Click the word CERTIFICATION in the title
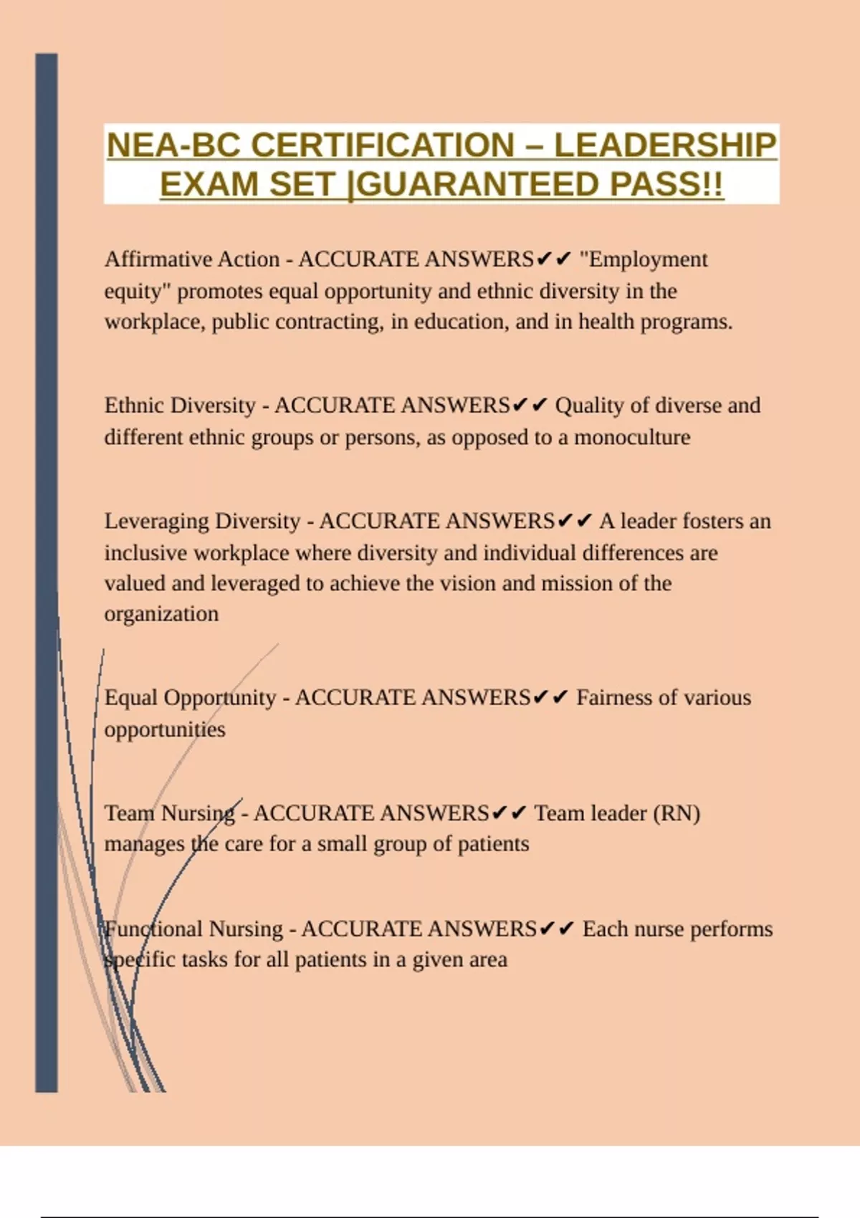point(382,145)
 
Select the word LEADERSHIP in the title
point(665,145)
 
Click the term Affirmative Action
point(192,259)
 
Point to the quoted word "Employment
point(644,259)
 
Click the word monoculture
point(632,437)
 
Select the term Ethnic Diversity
point(180,406)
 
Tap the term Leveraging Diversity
point(202,521)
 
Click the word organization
point(161,614)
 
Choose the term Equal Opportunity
point(190,698)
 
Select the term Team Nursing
point(169,813)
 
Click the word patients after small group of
point(493,844)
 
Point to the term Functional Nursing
point(193,929)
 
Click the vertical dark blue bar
point(47,573)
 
